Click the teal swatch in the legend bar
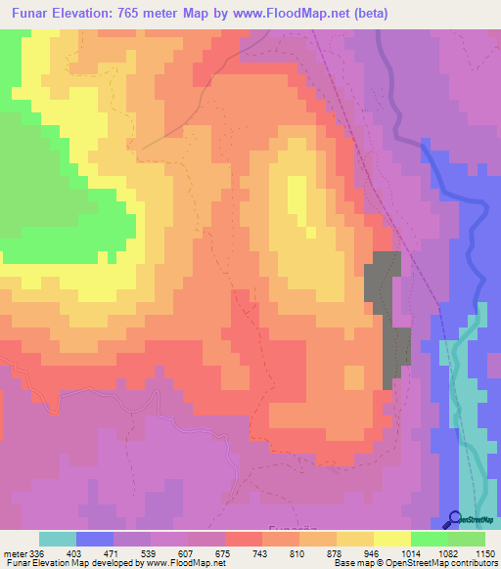pos(58,539)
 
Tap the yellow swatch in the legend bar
pos(391,539)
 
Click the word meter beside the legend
pos(15,554)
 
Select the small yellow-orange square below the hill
pos(354,376)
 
